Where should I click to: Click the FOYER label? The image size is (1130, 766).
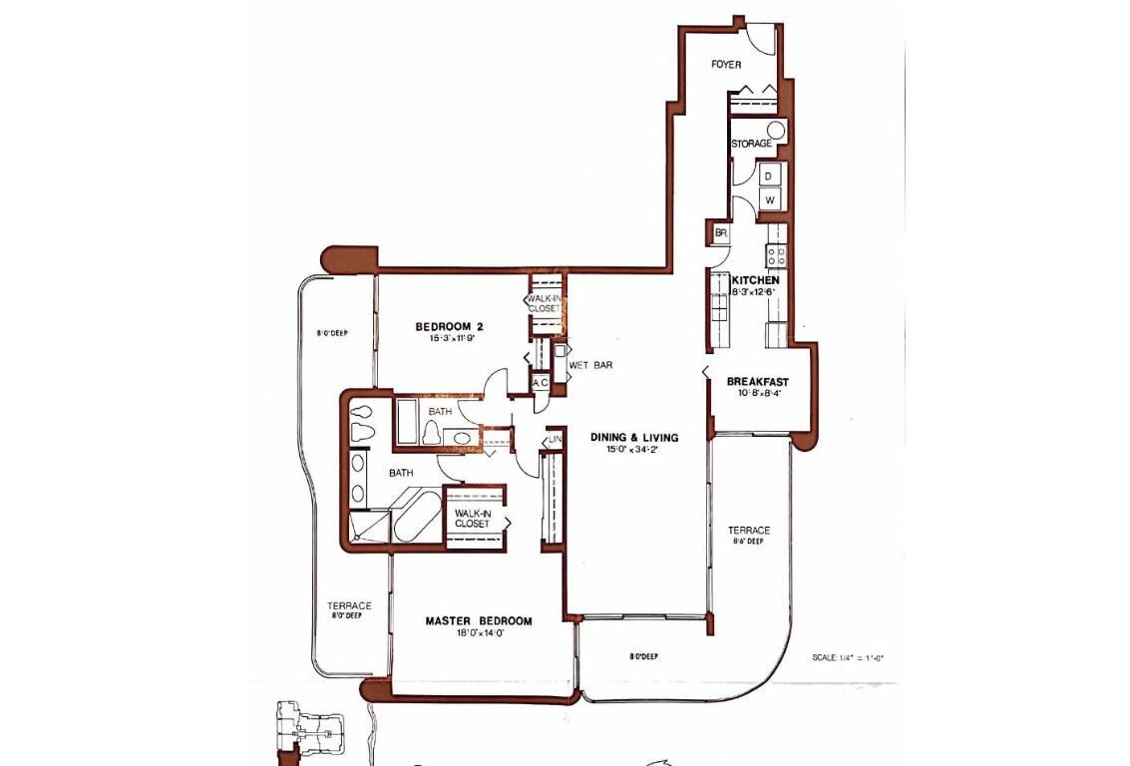click(x=725, y=65)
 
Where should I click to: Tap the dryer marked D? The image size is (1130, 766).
click(x=768, y=177)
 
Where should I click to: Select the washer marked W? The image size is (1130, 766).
click(x=769, y=200)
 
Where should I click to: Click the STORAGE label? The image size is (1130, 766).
click(x=751, y=145)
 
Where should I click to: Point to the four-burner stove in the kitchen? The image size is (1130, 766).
click(x=777, y=255)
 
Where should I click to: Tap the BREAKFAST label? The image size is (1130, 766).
click(x=757, y=382)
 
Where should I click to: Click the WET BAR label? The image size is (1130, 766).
click(x=589, y=365)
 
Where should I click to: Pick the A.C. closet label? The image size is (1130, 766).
click(x=540, y=383)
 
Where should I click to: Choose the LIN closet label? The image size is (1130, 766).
click(x=555, y=439)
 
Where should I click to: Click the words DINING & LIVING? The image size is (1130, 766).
click(x=634, y=437)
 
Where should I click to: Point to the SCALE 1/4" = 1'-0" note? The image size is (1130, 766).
click(x=849, y=658)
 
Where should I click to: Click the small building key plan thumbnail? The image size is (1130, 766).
click(x=310, y=732)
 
